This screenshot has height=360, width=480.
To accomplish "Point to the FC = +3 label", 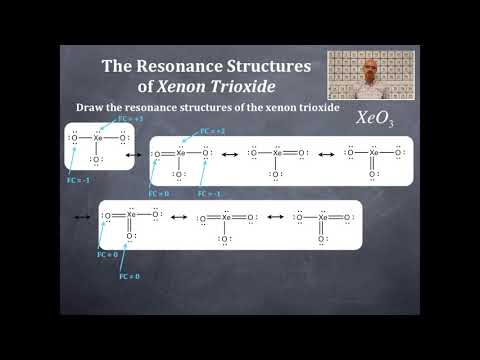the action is [x=131, y=118].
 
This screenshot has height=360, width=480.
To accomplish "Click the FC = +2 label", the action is [x=213, y=131].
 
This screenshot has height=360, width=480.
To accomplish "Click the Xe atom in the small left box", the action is [x=98, y=138].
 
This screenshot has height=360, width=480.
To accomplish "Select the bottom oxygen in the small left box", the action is [x=97, y=159].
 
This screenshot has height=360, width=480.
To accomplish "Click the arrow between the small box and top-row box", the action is [x=142, y=154].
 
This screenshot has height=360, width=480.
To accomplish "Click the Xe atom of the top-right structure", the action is [x=373, y=153].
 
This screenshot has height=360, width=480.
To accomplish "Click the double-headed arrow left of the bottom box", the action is [x=81, y=215].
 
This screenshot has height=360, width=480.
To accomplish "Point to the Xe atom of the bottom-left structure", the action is [x=130, y=214].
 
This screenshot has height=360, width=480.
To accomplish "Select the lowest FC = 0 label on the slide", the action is [x=129, y=275].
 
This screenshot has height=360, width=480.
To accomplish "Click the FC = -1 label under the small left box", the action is [x=78, y=181].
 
